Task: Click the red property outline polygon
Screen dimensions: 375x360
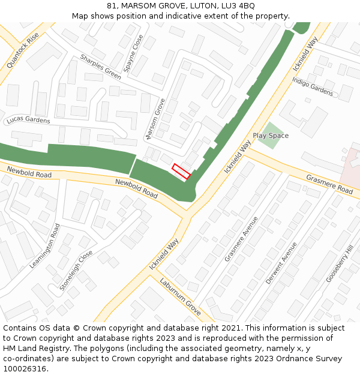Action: [181, 171]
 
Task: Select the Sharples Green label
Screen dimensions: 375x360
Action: [100, 67]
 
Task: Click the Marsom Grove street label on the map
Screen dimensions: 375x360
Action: [155, 119]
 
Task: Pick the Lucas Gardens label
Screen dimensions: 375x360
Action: [28, 120]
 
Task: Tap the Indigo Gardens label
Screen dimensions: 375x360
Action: [313, 87]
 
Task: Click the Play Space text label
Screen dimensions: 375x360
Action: [271, 136]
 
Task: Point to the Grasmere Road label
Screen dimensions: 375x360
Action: [329, 184]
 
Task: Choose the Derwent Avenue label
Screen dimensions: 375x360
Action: [281, 263]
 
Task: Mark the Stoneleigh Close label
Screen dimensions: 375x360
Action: [76, 270]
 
